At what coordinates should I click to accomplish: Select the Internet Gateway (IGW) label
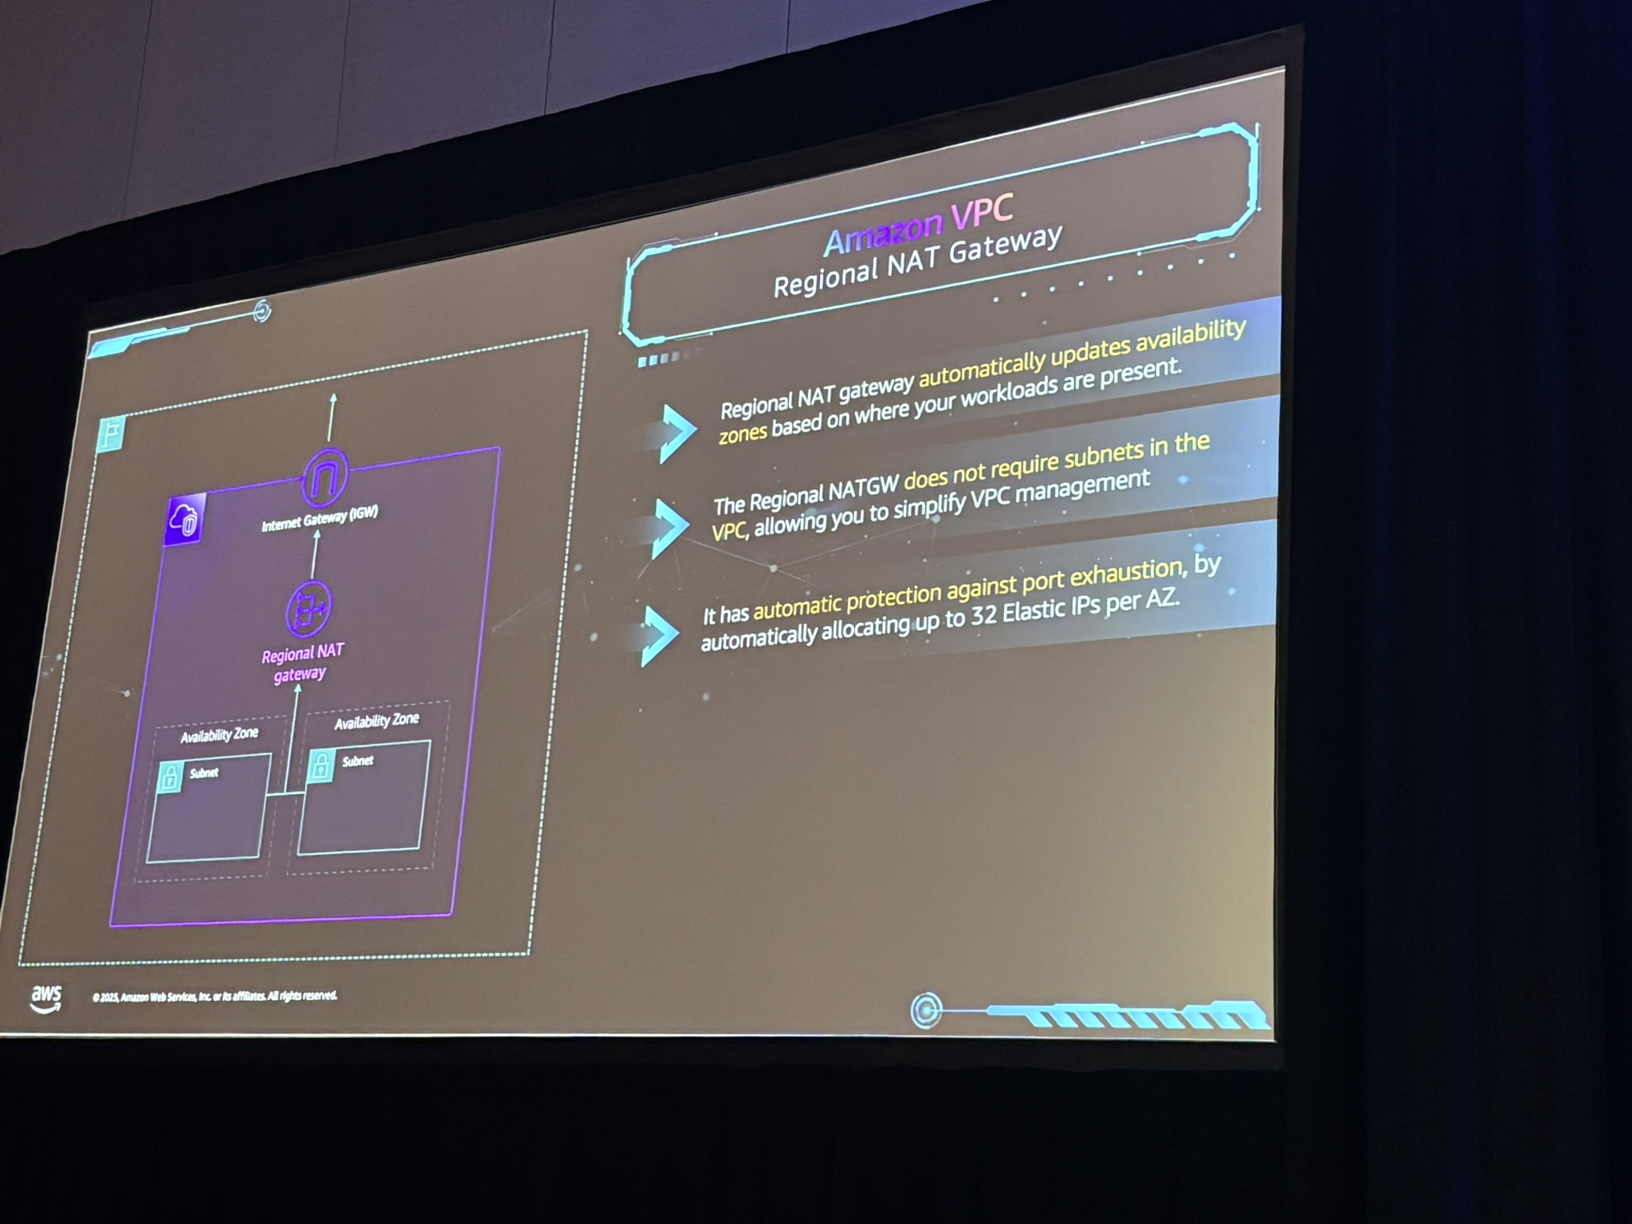coord(320,519)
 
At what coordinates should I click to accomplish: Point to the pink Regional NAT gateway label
coord(302,663)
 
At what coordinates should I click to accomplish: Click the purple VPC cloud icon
coord(185,520)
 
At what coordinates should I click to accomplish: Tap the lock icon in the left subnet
coord(170,777)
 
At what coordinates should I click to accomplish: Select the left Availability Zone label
coord(219,734)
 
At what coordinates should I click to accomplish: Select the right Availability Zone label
coord(376,721)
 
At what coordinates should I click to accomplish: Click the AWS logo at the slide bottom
coord(46,998)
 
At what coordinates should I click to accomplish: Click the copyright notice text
coord(215,996)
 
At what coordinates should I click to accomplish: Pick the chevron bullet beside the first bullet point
coord(676,431)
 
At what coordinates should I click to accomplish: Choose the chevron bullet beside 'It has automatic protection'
coord(658,635)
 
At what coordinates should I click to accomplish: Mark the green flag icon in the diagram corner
coord(111,434)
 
